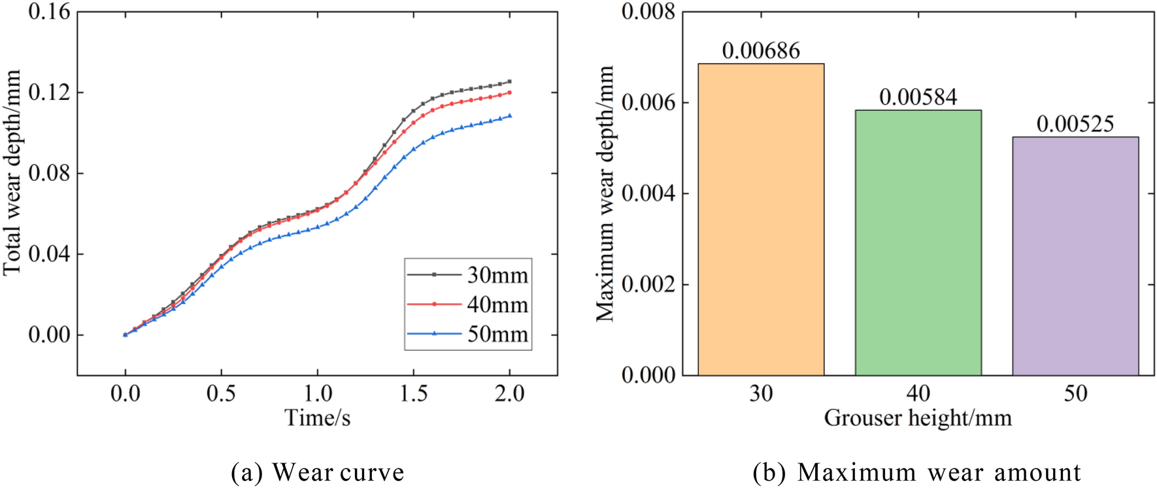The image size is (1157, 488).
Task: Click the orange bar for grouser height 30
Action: coord(761,219)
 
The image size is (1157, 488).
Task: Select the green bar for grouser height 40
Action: coord(918,242)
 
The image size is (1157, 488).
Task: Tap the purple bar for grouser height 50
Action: coord(1075,255)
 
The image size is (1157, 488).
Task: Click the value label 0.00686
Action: coord(761,51)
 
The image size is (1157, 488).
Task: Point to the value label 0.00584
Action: coord(918,97)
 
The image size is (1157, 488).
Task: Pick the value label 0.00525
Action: coord(1075,124)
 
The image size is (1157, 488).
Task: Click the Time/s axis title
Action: coord(317,417)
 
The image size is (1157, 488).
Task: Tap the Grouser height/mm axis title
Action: coord(918,417)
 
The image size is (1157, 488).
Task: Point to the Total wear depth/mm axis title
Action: coord(12,173)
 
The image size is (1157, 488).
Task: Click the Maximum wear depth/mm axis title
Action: coord(605,193)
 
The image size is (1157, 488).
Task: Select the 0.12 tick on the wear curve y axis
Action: coord(49,92)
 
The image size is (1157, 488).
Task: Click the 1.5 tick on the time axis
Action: coord(413,393)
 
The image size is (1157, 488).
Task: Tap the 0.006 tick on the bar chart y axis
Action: coord(648,103)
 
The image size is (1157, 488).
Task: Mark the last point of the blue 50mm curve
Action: coord(509,116)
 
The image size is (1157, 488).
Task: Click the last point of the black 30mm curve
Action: coord(509,82)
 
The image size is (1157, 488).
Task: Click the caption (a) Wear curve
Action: coord(318,472)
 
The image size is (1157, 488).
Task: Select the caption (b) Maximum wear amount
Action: coord(916,472)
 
